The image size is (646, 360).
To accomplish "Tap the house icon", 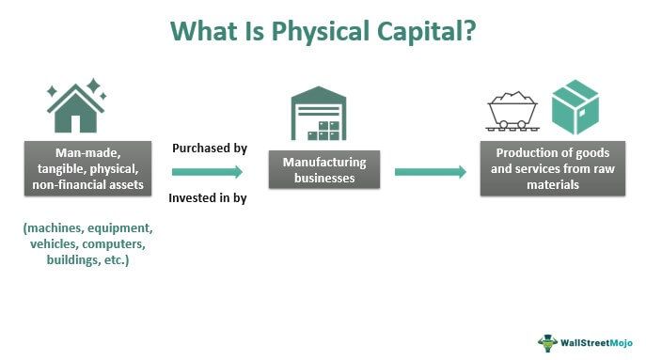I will [74, 113].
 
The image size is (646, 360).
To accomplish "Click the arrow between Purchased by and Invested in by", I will [207, 172].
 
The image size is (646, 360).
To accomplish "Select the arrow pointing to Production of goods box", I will [430, 172].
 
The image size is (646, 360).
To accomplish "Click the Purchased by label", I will [208, 148].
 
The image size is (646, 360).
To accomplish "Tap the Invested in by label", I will [208, 197].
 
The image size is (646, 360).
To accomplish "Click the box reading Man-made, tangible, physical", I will [87, 168].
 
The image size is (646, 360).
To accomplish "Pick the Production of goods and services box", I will [553, 168].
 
